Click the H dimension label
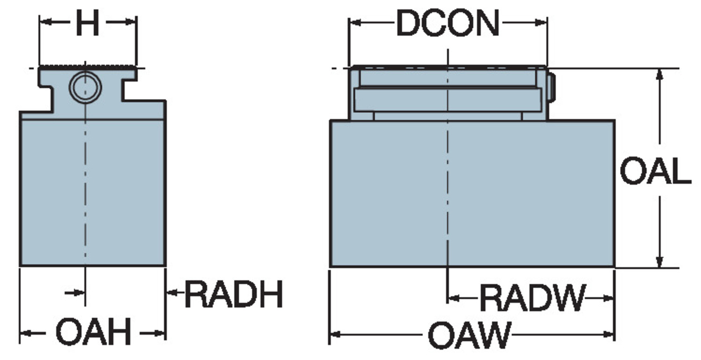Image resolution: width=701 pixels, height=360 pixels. [88, 22]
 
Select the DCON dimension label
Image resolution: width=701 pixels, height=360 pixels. [448, 23]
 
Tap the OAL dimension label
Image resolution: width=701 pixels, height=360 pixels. [655, 171]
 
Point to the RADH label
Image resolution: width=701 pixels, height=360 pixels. [234, 294]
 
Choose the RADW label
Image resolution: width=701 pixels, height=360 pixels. [532, 298]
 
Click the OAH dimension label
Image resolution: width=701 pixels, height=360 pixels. [93, 331]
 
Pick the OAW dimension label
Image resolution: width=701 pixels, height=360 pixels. [469, 335]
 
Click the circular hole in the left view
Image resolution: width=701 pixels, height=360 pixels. [85, 87]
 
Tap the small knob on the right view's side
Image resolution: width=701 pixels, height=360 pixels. [551, 87]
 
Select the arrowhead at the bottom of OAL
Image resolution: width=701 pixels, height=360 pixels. [660, 261]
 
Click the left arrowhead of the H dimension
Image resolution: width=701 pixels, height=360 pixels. [46, 22]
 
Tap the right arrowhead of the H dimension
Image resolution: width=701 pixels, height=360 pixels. [130, 22]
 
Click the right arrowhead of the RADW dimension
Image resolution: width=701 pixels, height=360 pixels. [608, 298]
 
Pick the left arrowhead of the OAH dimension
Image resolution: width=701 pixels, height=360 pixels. [26, 333]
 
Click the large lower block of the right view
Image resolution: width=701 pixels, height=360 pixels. [472, 194]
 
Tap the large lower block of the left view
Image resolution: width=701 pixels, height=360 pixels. [93, 193]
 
